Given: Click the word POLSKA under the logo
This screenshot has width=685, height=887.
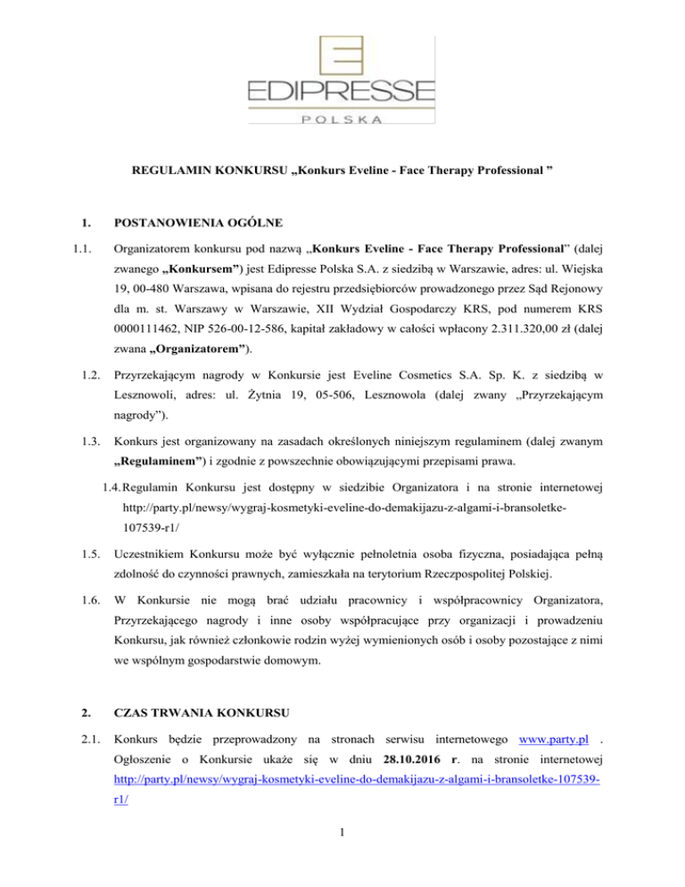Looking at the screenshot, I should pos(342,119).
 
